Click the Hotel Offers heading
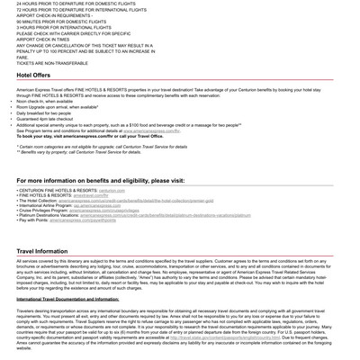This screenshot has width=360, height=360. point(33,76)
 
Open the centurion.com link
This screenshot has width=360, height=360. point(112,191)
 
